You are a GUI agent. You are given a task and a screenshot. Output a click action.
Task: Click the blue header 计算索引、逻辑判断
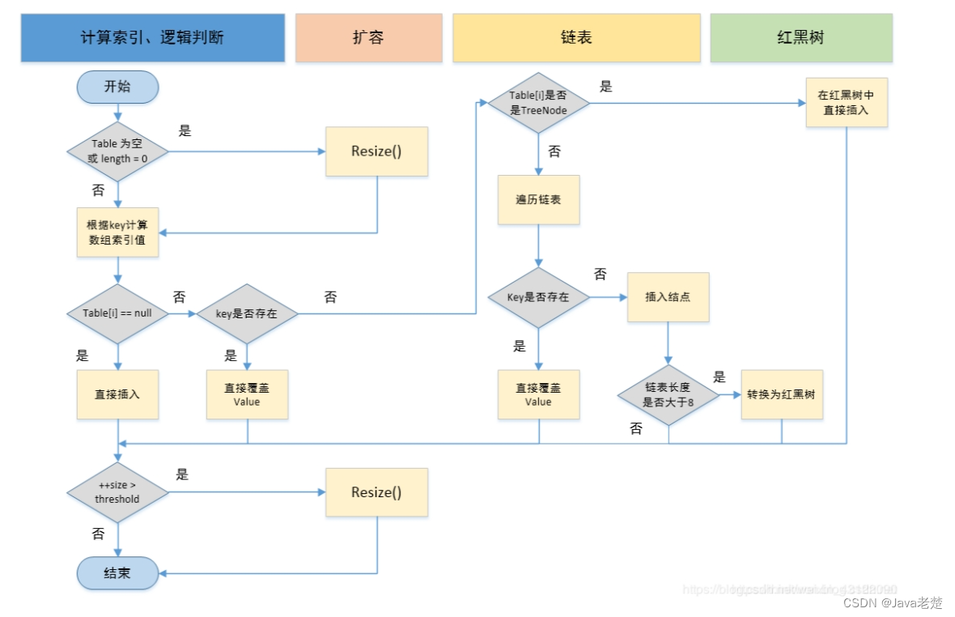pyautogui.click(x=153, y=38)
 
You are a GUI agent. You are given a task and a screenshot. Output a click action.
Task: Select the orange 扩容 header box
pyautogui.click(x=368, y=38)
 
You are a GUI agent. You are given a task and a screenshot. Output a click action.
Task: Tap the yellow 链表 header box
pyautogui.click(x=576, y=38)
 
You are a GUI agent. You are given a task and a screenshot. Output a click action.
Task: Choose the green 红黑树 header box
pyautogui.click(x=801, y=38)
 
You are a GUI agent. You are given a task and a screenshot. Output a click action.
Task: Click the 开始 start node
pyautogui.click(x=117, y=87)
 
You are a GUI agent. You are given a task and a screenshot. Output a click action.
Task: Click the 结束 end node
pyautogui.click(x=117, y=573)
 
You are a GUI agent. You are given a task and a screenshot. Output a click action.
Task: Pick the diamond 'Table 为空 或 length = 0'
pyautogui.click(x=117, y=151)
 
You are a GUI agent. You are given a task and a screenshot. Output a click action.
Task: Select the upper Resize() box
pyautogui.click(x=376, y=151)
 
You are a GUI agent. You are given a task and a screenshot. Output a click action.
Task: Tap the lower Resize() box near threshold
pyautogui.click(x=376, y=492)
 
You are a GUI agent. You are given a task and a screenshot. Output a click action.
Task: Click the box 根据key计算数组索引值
pyautogui.click(x=117, y=232)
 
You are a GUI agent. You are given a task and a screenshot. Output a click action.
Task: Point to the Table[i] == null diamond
pyautogui.click(x=117, y=313)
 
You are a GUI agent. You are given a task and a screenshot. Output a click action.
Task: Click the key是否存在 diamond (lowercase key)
pyautogui.click(x=247, y=313)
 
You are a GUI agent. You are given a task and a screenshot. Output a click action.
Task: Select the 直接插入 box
pyautogui.click(x=117, y=394)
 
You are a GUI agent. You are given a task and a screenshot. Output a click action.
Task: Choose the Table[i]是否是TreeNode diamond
pyautogui.click(x=538, y=103)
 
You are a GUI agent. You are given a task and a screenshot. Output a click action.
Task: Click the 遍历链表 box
pyautogui.click(x=538, y=199)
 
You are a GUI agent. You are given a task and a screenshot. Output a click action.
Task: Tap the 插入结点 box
pyautogui.click(x=668, y=297)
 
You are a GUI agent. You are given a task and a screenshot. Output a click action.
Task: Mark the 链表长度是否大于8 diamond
pyautogui.click(x=668, y=394)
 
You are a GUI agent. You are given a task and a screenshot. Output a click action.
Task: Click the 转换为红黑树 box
pyautogui.click(x=782, y=394)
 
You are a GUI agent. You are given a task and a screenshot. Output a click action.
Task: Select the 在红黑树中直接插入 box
pyautogui.click(x=847, y=103)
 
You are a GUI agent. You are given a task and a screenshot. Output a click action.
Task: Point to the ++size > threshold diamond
pyautogui.click(x=117, y=492)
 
